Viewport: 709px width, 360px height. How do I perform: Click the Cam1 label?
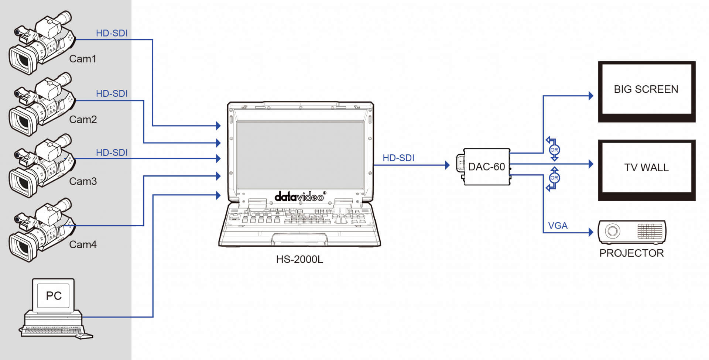83,59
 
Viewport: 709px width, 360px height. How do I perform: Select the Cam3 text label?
83,181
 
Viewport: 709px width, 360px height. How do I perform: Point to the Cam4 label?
83,244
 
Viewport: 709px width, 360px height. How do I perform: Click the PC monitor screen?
54,295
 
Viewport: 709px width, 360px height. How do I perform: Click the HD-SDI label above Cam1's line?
112,33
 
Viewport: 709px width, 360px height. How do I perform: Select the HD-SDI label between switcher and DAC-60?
398,158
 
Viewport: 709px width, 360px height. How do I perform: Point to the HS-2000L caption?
299,259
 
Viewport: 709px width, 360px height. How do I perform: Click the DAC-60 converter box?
486,167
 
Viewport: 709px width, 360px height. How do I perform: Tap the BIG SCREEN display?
646,89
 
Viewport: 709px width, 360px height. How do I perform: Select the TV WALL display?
646,167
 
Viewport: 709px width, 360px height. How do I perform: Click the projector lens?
612,232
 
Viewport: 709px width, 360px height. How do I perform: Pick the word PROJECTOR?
631,253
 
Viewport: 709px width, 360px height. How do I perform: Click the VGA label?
558,225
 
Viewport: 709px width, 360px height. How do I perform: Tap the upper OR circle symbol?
554,150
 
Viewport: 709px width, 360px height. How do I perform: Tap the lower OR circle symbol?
554,178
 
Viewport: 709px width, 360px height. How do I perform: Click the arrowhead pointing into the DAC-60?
447,165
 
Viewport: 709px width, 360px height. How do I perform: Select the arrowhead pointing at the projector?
590,232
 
